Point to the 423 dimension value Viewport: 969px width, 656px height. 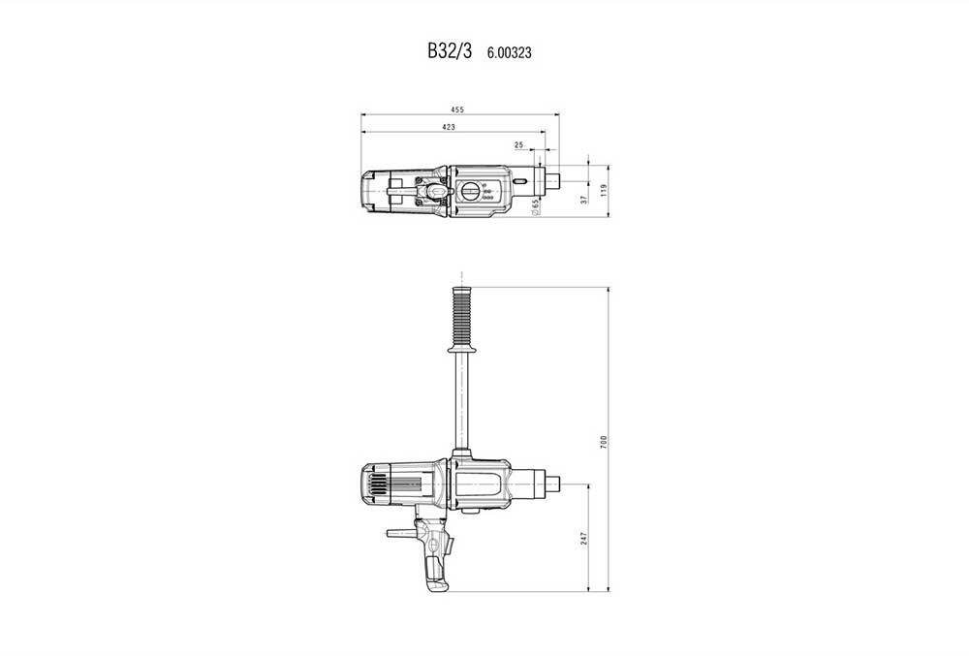[449, 127]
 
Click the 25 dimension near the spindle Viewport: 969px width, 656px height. [519, 144]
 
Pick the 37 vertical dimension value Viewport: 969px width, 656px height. [583, 198]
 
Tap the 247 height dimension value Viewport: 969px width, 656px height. [584, 538]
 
